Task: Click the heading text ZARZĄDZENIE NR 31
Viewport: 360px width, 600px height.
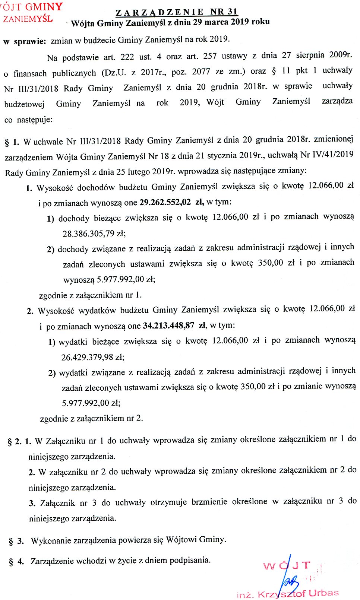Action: [x=177, y=12]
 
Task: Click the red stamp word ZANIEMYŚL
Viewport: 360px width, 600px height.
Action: [x=28, y=19]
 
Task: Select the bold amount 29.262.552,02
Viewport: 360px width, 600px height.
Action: [x=165, y=202]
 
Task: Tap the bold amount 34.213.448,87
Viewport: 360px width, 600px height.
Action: [x=168, y=326]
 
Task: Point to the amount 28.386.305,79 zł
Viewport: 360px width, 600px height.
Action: [x=94, y=234]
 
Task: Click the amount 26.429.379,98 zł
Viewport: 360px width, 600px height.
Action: [x=93, y=357]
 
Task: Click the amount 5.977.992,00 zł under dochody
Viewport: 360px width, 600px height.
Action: [x=109, y=279]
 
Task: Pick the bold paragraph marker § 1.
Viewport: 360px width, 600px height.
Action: [x=12, y=142]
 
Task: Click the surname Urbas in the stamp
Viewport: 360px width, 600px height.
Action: [x=323, y=593]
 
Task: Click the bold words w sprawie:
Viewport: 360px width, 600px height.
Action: [x=25, y=41]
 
